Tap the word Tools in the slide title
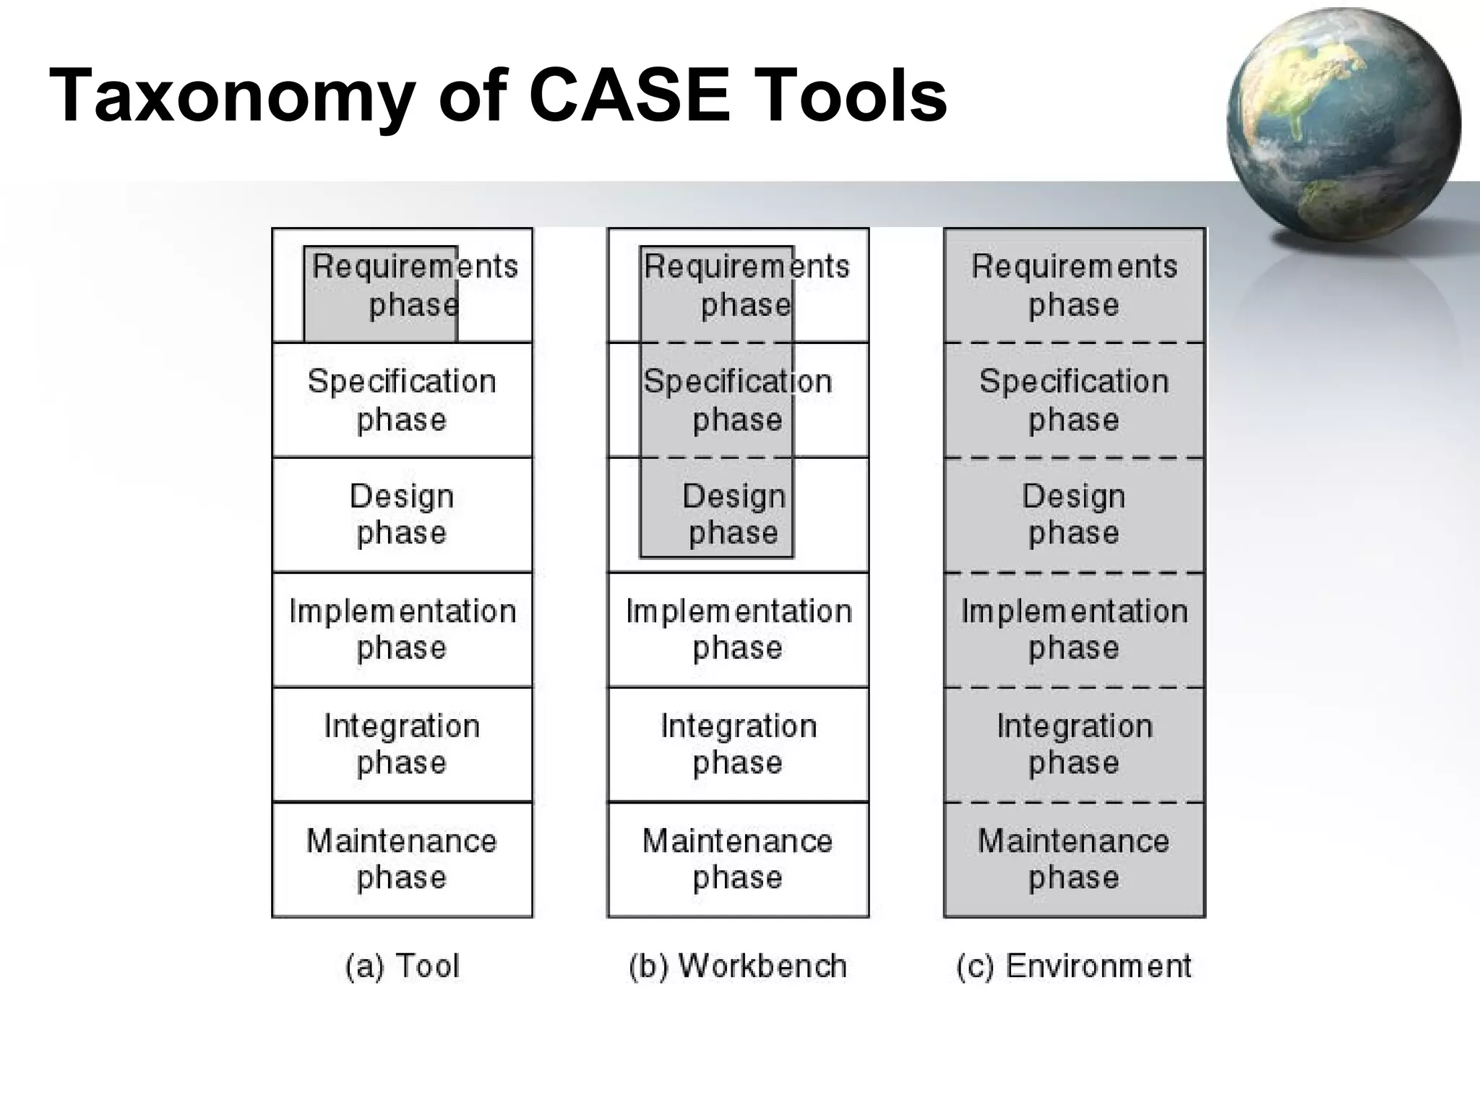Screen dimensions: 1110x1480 tap(855, 95)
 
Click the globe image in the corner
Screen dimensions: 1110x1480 tap(1343, 124)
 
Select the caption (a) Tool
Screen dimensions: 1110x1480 tap(402, 966)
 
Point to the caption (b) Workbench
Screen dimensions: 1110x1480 tap(738, 966)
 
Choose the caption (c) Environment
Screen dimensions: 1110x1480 tap(1074, 966)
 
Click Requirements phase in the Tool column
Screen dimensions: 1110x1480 tap(414, 285)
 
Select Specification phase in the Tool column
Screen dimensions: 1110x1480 tap(402, 400)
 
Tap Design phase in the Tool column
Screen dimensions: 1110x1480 tap(402, 515)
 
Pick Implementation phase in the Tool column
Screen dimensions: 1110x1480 tap(402, 629)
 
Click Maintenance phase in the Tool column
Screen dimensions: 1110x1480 tap(402, 859)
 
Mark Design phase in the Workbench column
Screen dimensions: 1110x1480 tap(733, 515)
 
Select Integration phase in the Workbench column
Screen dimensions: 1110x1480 tap(738, 744)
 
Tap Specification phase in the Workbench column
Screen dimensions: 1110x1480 tap(737, 400)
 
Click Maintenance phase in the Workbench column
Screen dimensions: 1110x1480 tap(738, 859)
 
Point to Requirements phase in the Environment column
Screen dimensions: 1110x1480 tap(1074, 285)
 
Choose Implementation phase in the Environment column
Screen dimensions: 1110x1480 tap(1074, 629)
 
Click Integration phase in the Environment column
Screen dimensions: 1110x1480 tap(1074, 744)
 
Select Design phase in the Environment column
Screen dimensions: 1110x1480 tap(1074, 515)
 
